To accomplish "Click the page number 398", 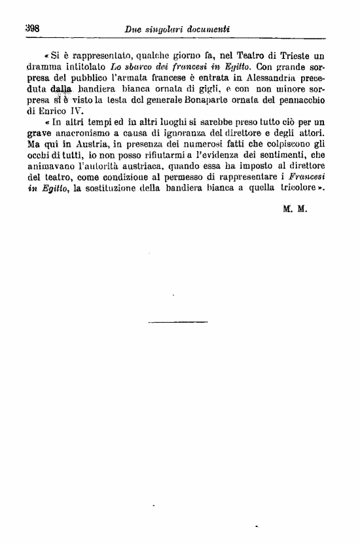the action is tap(33, 29).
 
